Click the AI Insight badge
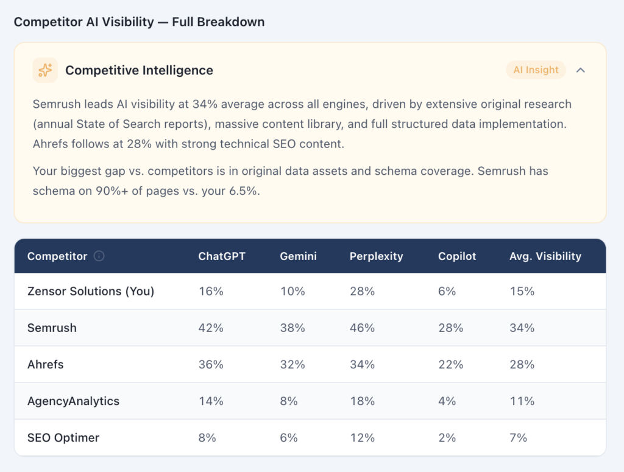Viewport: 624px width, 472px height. (536, 70)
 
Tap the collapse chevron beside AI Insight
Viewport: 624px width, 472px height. (581, 70)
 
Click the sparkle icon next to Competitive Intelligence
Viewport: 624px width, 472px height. (45, 70)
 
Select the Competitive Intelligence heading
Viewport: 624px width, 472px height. (139, 70)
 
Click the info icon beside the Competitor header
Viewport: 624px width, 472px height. (99, 256)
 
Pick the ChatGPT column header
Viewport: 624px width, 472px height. (222, 256)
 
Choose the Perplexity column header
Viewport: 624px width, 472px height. (376, 256)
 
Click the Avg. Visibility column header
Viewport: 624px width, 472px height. (545, 256)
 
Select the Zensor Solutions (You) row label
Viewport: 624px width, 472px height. (91, 291)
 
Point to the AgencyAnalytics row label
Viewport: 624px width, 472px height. (73, 401)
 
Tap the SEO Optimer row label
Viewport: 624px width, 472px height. (63, 438)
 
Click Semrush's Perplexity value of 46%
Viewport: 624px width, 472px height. (362, 328)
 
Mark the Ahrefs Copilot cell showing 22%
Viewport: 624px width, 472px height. (450, 365)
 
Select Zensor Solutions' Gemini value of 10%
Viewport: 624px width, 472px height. (292, 291)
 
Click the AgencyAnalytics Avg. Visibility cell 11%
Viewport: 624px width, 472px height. (522, 401)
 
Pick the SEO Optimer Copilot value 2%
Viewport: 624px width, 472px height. (447, 438)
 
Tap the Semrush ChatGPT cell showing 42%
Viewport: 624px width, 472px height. (211, 328)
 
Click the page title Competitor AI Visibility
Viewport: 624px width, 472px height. (139, 22)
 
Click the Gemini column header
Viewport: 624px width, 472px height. (298, 256)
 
